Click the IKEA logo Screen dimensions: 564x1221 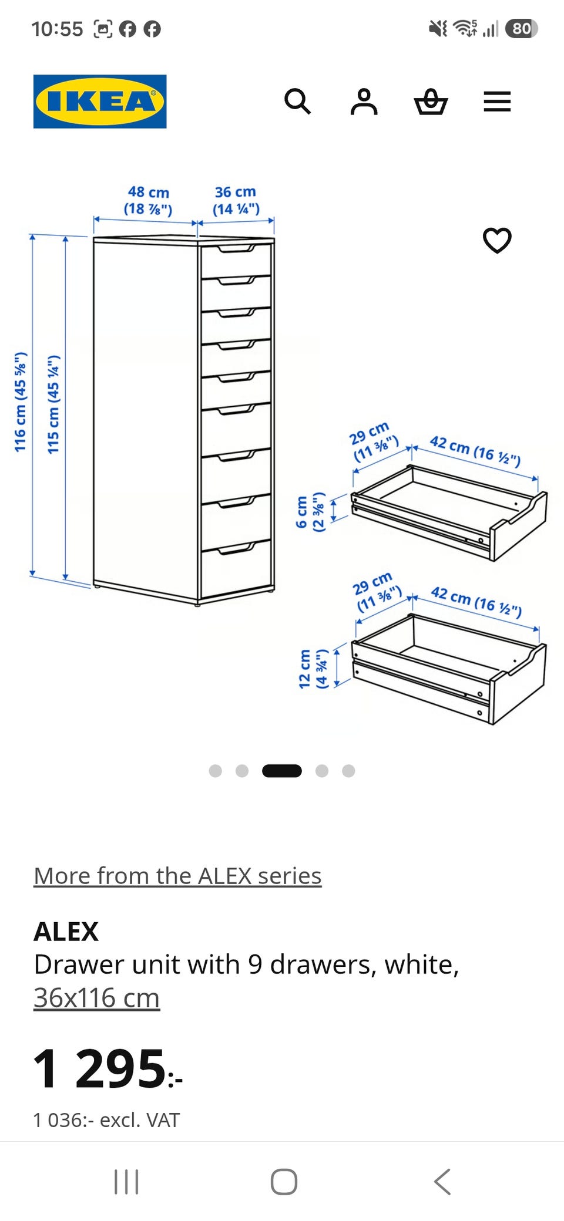[100, 101]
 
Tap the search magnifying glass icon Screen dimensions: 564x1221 [297, 102]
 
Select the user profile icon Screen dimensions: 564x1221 [364, 102]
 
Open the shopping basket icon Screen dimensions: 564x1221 [431, 102]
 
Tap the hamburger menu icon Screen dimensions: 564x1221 [497, 102]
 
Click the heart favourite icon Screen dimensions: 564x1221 [497, 240]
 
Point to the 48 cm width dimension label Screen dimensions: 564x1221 [148, 200]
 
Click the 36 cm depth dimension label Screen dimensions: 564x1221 [236, 200]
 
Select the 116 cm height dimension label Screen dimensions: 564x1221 [21, 402]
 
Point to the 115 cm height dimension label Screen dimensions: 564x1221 [53, 404]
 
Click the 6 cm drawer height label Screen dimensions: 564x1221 [310, 511]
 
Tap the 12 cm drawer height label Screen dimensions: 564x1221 [312, 669]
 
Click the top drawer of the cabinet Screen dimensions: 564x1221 [236, 260]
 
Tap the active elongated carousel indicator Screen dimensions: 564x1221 [282, 771]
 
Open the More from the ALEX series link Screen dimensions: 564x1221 [177, 875]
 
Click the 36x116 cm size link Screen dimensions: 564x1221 [96, 997]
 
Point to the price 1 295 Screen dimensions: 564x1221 [108, 1068]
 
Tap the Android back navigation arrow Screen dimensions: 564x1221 [442, 1182]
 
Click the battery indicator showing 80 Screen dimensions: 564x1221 [521, 29]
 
